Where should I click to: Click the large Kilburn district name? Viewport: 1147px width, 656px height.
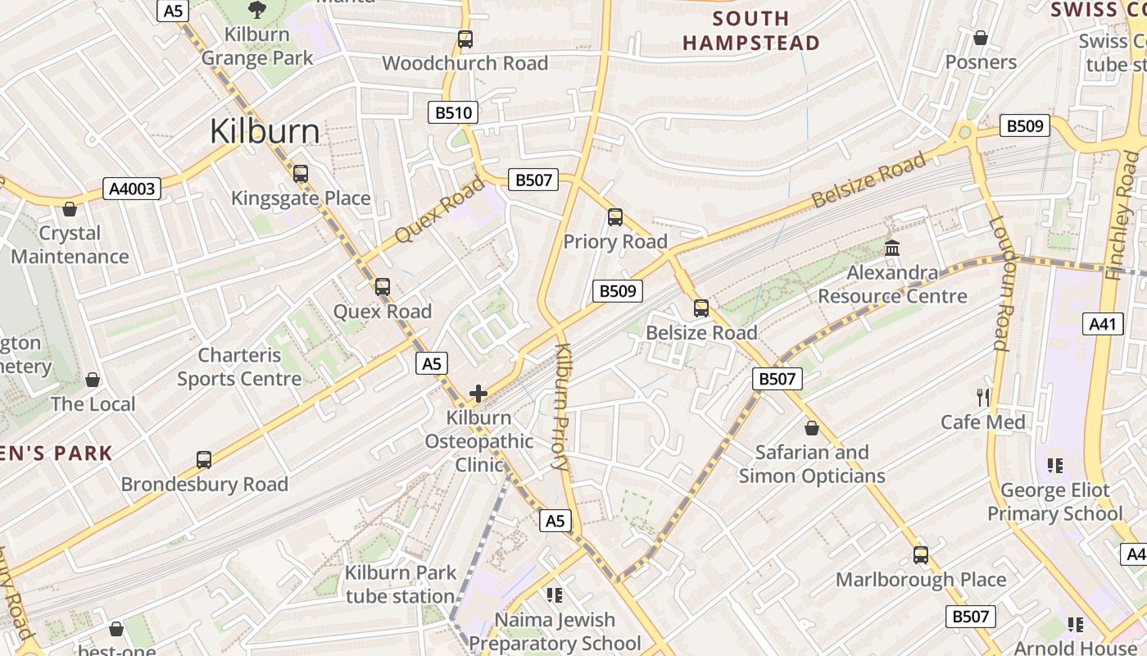(265, 131)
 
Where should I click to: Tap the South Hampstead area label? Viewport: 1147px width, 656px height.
(750, 30)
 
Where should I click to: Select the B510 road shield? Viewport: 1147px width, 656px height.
(453, 112)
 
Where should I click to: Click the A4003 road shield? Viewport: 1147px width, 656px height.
(132, 189)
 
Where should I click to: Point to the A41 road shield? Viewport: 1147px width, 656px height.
(1103, 324)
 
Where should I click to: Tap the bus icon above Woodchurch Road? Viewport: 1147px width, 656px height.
(465, 39)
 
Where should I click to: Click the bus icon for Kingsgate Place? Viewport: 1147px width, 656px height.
(301, 174)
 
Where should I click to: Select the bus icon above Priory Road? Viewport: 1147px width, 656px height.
(615, 217)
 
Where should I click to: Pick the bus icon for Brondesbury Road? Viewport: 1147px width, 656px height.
(204, 460)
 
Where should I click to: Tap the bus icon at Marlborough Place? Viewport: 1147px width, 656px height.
(921, 555)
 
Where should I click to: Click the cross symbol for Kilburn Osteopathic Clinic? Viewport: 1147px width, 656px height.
(478, 394)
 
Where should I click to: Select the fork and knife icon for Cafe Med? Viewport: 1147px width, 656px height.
(983, 398)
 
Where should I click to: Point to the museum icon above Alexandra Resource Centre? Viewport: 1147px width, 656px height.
(892, 248)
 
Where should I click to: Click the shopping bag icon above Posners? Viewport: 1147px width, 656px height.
(981, 38)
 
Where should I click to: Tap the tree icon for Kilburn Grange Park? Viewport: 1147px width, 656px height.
(257, 10)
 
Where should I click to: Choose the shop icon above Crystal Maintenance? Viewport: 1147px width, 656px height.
(70, 209)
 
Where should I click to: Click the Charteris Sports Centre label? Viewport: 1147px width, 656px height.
(239, 367)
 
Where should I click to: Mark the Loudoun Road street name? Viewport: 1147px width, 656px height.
(999, 283)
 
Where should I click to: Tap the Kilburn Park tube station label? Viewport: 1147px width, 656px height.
(400, 585)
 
